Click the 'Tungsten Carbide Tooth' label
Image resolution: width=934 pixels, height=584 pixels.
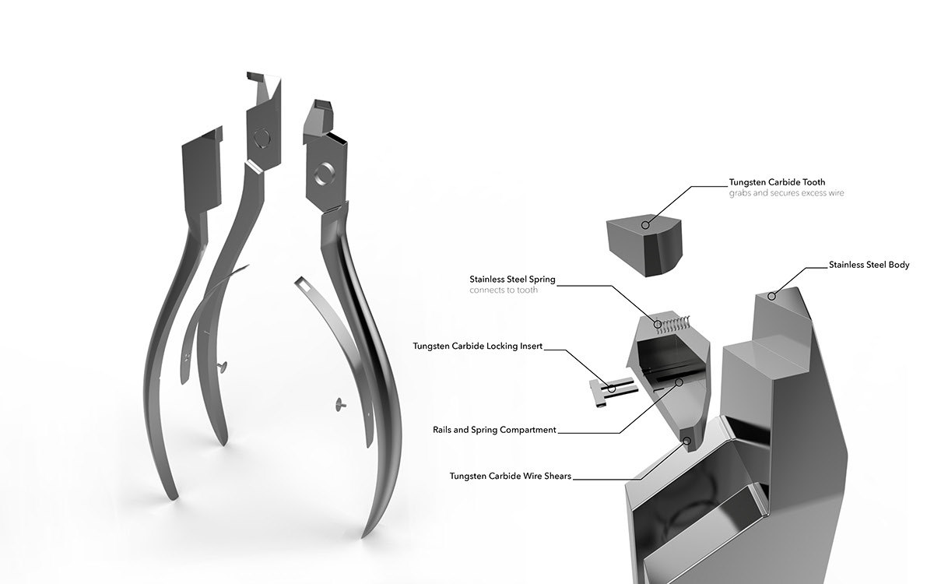[777, 182]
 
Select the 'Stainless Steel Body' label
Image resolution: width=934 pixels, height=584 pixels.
[869, 265]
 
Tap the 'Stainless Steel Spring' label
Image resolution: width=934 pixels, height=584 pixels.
[512, 279]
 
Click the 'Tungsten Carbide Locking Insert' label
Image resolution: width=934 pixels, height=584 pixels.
[478, 347]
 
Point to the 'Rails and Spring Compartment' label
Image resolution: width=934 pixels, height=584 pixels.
[494, 430]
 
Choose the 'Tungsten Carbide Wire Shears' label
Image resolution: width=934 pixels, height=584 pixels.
[511, 477]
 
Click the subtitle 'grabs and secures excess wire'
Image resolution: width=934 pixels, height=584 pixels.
[786, 193]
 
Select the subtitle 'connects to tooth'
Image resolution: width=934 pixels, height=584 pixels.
[504, 290]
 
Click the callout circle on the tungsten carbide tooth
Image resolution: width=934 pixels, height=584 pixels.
[645, 225]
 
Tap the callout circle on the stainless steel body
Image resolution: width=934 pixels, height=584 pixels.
[772, 297]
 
